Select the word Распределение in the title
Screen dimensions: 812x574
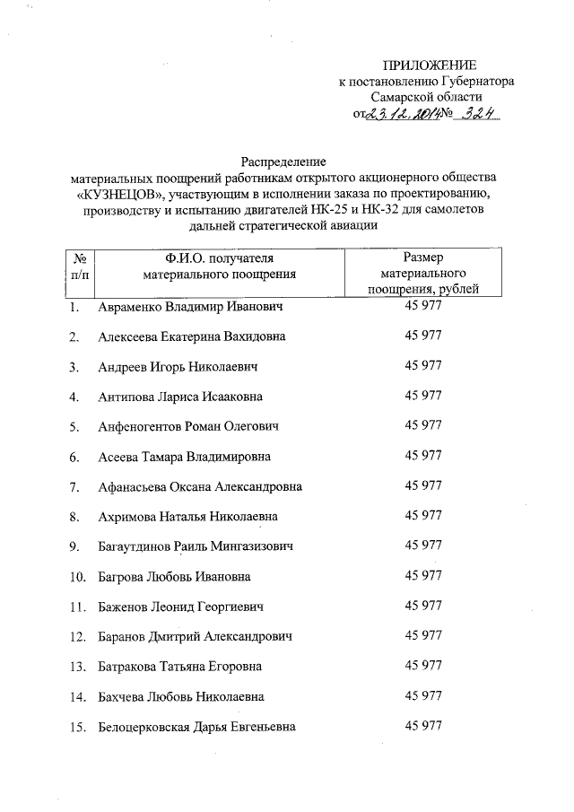click(x=286, y=162)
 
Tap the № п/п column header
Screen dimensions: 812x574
click(x=80, y=265)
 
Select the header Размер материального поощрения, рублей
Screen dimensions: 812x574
click(x=423, y=273)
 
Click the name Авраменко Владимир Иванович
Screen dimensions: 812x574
click(x=190, y=308)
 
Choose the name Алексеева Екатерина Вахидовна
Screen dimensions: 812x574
click(x=192, y=337)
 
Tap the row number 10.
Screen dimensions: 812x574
click(x=76, y=576)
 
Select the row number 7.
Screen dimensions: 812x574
click(x=74, y=486)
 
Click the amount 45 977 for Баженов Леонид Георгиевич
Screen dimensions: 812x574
click(x=423, y=606)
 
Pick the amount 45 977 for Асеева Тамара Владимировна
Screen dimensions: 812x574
click(x=423, y=456)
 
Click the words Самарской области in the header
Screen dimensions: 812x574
click(x=427, y=96)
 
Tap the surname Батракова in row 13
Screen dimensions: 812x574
click(x=129, y=666)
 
